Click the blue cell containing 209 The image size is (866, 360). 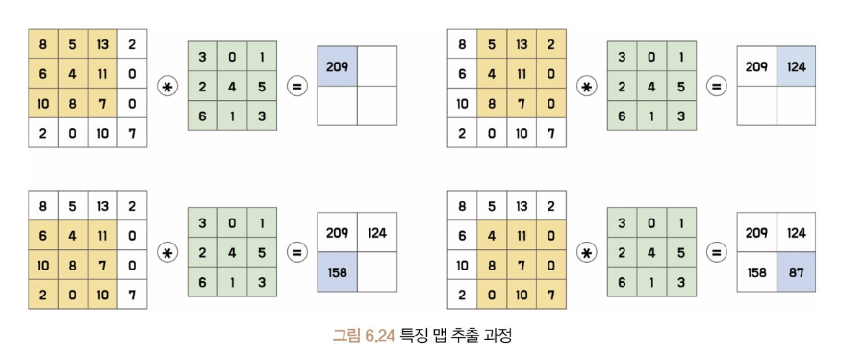(337, 66)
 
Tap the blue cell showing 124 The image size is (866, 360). (796, 66)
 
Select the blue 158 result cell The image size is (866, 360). (337, 271)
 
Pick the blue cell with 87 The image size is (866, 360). (796, 271)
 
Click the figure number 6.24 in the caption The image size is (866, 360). (380, 335)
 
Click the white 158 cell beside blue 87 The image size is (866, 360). (756, 271)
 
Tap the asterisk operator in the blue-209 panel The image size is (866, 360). (167, 87)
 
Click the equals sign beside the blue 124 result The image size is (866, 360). (716, 87)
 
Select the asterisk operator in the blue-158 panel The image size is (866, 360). (167, 253)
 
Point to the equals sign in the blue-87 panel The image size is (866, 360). (716, 253)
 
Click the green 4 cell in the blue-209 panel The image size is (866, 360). (232, 86)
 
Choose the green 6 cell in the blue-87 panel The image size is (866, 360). (622, 282)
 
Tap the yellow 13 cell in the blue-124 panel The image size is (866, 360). (522, 44)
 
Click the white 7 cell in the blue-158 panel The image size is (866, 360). (132, 295)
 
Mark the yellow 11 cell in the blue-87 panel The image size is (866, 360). (522, 235)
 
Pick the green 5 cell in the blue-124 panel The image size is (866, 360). (681, 86)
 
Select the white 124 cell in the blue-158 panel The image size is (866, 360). (376, 232)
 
